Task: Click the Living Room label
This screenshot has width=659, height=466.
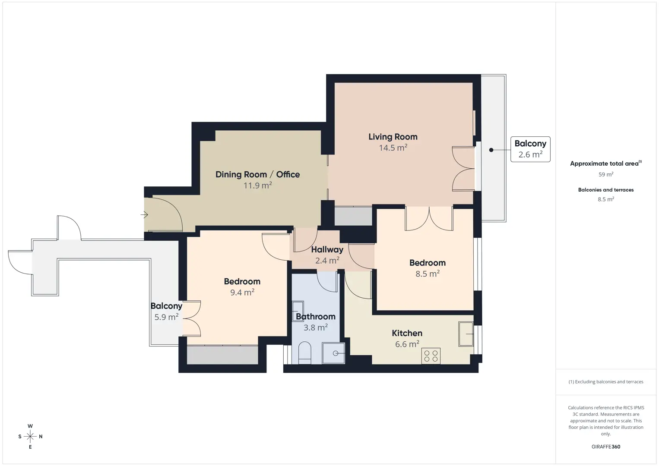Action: (393, 137)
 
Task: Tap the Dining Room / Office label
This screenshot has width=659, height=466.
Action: (257, 174)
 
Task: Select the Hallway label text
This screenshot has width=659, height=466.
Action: (327, 249)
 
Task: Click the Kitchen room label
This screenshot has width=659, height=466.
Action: (407, 333)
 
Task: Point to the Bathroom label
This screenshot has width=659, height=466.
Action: (315, 316)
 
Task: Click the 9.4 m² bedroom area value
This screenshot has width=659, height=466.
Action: (242, 292)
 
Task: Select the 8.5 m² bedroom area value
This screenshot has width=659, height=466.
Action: (428, 274)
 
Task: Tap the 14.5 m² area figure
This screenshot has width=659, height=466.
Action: (393, 148)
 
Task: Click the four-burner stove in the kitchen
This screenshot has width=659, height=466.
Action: (431, 356)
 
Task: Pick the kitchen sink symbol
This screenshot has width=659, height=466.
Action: (466, 334)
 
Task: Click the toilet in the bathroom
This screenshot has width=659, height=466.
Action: (304, 353)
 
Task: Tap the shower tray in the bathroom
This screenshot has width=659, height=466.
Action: (333, 353)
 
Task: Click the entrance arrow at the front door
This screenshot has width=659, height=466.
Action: (144, 215)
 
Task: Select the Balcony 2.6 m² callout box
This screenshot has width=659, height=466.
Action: (530, 149)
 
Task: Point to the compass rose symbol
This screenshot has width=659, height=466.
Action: (30, 437)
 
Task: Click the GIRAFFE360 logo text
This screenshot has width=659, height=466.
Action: (606, 447)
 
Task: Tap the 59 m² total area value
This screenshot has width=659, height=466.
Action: (606, 174)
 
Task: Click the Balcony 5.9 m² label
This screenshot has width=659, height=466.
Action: (166, 312)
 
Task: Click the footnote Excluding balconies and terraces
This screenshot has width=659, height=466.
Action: (606, 381)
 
